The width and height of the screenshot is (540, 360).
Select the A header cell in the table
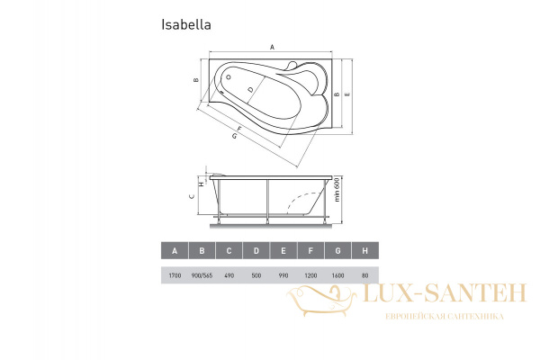(174, 252)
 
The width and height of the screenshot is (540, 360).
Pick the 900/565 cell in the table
(202, 274)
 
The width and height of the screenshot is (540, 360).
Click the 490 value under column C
(231, 274)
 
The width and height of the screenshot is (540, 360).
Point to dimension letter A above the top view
(272, 49)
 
